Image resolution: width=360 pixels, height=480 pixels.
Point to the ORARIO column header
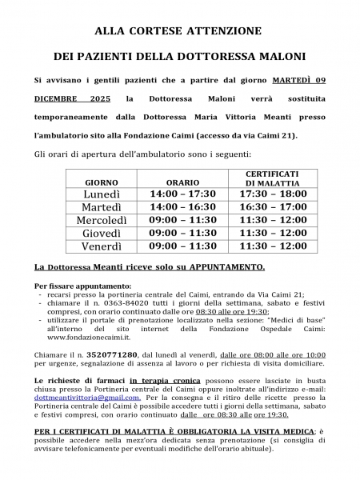(x=182, y=182)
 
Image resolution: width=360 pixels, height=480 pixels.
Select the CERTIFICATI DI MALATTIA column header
(x=272, y=178)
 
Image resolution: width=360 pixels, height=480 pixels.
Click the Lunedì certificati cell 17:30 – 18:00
(x=272, y=194)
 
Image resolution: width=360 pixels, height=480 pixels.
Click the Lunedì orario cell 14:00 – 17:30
(x=183, y=194)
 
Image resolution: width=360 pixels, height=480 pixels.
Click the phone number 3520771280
(x=115, y=354)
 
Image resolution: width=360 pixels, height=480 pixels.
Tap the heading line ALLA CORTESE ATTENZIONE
(x=178, y=31)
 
